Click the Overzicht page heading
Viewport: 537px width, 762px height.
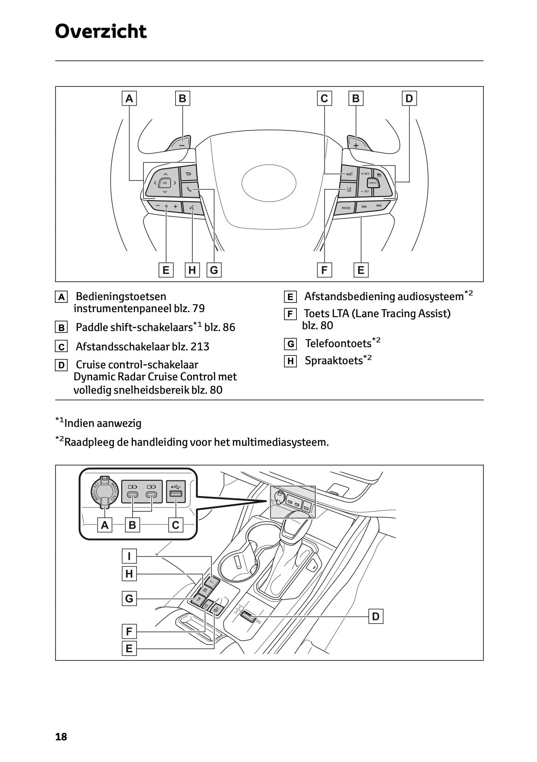tap(100, 31)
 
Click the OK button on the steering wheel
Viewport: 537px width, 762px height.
tap(165, 183)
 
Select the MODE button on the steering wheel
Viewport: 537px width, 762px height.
tap(346, 208)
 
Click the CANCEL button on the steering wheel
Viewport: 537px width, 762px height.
tap(372, 183)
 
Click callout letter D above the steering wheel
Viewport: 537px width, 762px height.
tap(409, 98)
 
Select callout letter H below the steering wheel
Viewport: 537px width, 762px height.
tap(192, 270)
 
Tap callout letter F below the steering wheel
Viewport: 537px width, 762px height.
tap(324, 270)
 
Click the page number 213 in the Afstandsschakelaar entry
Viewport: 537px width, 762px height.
tap(200, 347)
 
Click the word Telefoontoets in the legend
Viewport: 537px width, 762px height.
tap(338, 343)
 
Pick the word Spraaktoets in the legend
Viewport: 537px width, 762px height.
tap(334, 360)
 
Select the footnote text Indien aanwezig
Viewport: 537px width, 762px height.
tap(103, 423)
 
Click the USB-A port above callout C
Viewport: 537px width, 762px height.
tap(175, 495)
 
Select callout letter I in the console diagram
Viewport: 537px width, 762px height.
tap(129, 556)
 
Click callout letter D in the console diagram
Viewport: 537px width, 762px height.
tap(376, 616)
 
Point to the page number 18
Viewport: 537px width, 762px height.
tap(61, 737)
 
